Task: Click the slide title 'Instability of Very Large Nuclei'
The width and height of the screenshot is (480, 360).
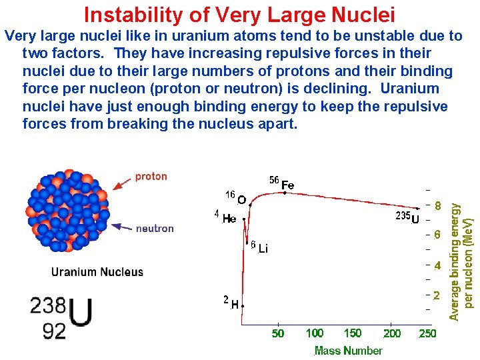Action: point(239,14)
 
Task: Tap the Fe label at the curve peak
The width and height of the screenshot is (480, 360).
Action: point(287,184)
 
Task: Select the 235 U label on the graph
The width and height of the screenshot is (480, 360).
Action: point(408,217)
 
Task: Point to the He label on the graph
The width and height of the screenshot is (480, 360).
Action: point(229,218)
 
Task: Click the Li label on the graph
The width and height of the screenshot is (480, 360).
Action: point(262,249)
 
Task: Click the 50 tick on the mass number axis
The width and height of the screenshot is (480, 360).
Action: point(278,333)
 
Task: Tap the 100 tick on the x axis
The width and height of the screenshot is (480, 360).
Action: point(315,333)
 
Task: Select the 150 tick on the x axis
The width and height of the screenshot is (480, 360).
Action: point(353,333)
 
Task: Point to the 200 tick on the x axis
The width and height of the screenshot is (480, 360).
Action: point(392,333)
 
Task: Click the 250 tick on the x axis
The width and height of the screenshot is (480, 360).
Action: point(427,333)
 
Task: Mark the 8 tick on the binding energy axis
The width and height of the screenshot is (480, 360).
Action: point(437,206)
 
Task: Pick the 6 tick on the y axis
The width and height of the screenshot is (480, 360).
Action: point(437,235)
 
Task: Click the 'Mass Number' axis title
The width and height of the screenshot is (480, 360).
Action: point(348,351)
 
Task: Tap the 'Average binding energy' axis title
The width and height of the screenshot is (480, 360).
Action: point(455,253)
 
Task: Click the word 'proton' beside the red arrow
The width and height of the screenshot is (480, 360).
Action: point(151,177)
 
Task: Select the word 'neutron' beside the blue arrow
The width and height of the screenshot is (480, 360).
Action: point(155,228)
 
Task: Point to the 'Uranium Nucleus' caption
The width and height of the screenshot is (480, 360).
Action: point(97,271)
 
